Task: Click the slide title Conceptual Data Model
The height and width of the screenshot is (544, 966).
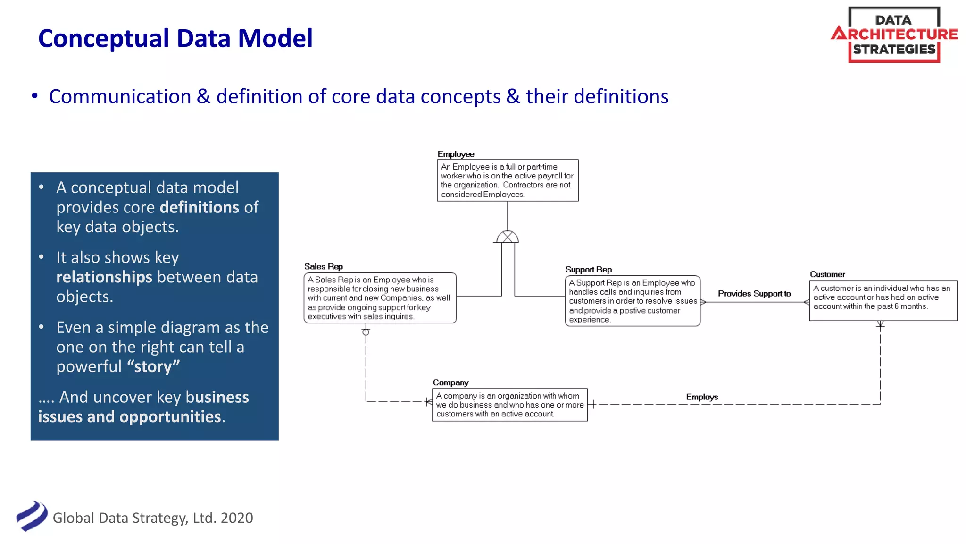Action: [x=175, y=38]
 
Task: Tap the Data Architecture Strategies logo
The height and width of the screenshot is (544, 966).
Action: [x=894, y=34]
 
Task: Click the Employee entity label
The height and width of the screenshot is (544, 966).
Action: [x=456, y=154]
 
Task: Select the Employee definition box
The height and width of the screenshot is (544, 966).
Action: [x=508, y=180]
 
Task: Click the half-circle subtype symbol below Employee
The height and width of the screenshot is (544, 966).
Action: [x=508, y=237]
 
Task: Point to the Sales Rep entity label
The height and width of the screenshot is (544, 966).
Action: [x=324, y=266]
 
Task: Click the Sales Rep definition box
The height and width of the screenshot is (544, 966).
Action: [x=380, y=298]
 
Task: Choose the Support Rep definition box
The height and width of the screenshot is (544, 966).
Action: [x=633, y=301]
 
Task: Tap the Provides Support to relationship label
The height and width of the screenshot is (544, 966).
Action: [x=754, y=293]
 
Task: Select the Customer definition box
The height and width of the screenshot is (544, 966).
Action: [x=883, y=300]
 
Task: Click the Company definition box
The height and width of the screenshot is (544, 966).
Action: [x=509, y=405]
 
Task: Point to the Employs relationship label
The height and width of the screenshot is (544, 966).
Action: [x=702, y=397]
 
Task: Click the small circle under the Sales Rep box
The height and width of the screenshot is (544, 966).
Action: [x=366, y=332]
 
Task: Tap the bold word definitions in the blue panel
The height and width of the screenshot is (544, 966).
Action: [x=200, y=207]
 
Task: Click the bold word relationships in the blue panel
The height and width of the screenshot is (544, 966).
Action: [x=104, y=277]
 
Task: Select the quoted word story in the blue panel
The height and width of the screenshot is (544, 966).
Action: [x=153, y=366]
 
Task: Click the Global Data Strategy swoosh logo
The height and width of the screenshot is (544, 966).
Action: [x=32, y=516]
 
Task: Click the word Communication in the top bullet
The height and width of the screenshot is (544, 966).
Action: [x=120, y=97]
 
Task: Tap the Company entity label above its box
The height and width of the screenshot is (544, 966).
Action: [x=450, y=382]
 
